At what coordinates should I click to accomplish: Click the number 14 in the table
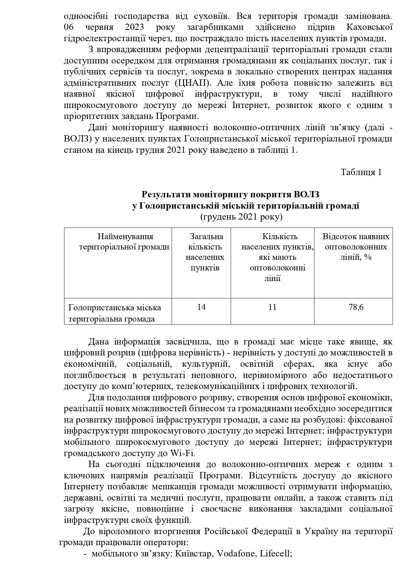[201, 307]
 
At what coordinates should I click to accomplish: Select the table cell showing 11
[272, 307]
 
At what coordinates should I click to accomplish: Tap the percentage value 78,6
[356, 307]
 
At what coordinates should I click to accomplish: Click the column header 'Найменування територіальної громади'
[125, 242]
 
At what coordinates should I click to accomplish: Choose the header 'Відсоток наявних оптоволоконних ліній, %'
[356, 247]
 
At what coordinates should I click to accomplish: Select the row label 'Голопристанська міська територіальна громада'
[115, 313]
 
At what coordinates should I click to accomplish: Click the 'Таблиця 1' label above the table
[361, 172]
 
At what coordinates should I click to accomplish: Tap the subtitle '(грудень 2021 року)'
[242, 217]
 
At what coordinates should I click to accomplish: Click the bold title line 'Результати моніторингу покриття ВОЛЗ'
[231, 194]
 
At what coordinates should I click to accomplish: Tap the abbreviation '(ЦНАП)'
[194, 83]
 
